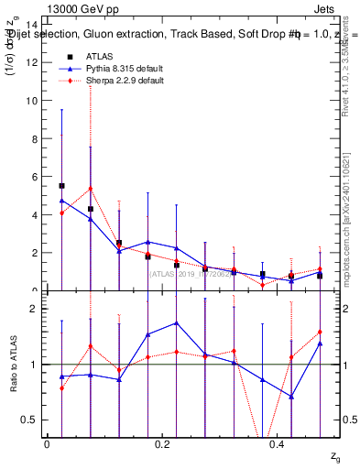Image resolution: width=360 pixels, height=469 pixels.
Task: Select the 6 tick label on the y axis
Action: click(36, 177)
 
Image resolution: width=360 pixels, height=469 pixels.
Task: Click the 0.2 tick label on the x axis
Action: click(162, 443)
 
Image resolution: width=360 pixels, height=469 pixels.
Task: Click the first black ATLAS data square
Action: click(61, 185)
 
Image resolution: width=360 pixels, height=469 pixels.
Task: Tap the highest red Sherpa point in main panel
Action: click(90, 189)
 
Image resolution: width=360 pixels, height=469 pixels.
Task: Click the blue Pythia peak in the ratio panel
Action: click(176, 322)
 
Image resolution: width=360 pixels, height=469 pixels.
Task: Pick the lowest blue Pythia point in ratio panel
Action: click(291, 397)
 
